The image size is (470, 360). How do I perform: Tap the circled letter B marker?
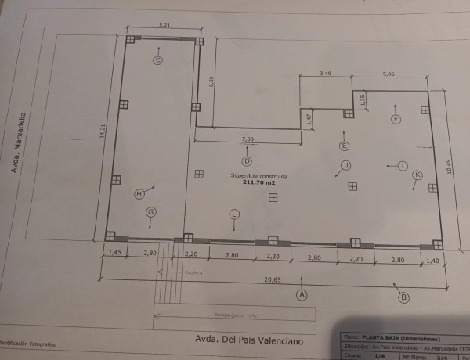tap(403, 297)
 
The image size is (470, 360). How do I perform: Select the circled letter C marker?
tap(157, 60)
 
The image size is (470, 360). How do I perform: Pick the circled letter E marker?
tap(344, 146)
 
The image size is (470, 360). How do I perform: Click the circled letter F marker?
tap(396, 119)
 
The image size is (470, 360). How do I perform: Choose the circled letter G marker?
tap(151, 211)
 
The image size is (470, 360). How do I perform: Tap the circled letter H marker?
tap(139, 193)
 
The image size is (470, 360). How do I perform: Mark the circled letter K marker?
tap(418, 175)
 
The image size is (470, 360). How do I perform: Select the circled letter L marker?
tap(234, 214)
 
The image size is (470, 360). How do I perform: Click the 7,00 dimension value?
tap(248, 139)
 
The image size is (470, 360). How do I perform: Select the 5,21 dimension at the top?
tap(164, 26)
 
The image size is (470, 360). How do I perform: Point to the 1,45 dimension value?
tap(114, 253)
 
